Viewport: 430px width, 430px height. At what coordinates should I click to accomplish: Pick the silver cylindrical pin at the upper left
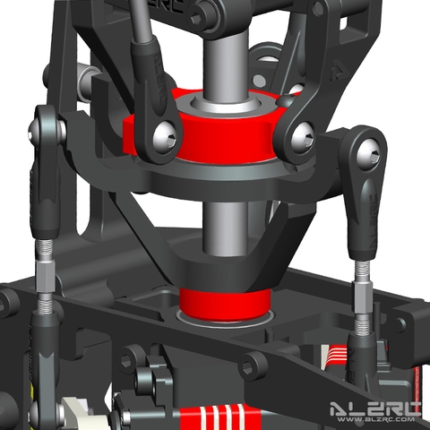point(90,82)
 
